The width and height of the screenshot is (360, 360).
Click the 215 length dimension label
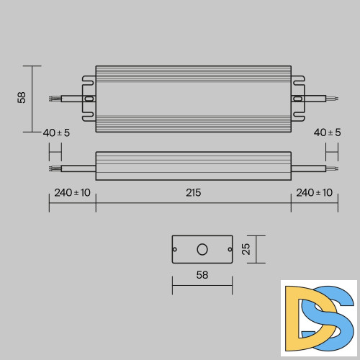click(x=193, y=192)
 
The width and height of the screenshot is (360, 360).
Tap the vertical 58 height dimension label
click(x=22, y=97)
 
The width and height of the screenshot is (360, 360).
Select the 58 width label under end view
click(x=202, y=275)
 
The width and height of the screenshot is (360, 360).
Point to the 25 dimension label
click(x=246, y=249)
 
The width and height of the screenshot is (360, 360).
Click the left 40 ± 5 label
click(x=56, y=133)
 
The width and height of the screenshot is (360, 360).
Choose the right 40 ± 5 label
click(x=328, y=133)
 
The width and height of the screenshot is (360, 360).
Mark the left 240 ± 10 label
click(x=72, y=192)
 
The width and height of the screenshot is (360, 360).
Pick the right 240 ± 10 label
click(x=314, y=192)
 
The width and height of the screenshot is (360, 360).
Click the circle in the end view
click(x=202, y=249)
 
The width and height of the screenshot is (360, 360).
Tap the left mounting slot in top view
click(x=89, y=99)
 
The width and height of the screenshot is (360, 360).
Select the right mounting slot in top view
click(x=297, y=99)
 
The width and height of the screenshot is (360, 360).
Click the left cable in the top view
click(x=68, y=99)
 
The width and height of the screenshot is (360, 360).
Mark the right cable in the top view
click(x=317, y=99)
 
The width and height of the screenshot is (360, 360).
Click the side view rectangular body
click(x=193, y=166)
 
